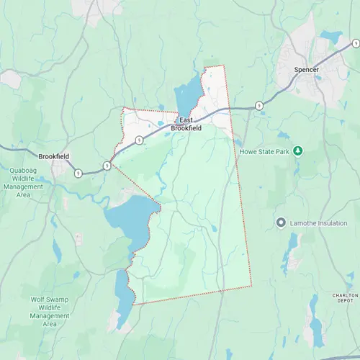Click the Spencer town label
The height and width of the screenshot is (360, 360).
(x=306, y=70)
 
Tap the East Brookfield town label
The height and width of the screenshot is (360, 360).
(x=186, y=124)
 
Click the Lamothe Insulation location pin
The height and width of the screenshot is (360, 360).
(x=281, y=222)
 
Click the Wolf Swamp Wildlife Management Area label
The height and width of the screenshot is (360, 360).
(x=50, y=311)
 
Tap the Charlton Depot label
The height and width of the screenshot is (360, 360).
(x=344, y=298)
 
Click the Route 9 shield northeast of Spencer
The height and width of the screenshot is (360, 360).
(x=356, y=44)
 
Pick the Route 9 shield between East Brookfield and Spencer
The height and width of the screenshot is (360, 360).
(x=259, y=106)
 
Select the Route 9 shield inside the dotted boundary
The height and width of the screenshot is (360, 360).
(x=138, y=140)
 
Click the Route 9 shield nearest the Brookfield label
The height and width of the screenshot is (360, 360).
(x=77, y=173)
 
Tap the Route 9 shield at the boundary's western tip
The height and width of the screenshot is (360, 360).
(x=107, y=165)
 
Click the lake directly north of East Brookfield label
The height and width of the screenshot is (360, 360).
(x=186, y=97)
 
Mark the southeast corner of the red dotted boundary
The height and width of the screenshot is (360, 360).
(x=251, y=287)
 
